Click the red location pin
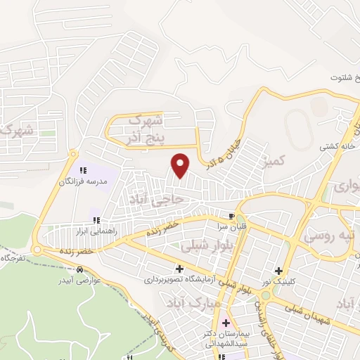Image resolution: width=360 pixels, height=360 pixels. click(x=181, y=165)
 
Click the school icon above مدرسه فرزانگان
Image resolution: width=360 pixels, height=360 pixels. click(x=83, y=170)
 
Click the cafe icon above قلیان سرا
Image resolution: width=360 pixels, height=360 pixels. click(x=231, y=214)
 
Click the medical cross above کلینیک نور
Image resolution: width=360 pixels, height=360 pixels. click(x=279, y=271)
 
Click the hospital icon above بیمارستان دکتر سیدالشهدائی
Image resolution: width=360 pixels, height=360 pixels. click(x=226, y=323)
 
